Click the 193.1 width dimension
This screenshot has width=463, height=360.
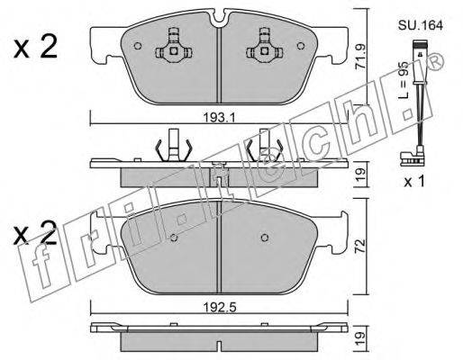point(219,117)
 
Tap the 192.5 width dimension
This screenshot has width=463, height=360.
point(220,308)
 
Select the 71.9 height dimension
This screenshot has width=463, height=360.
point(360,57)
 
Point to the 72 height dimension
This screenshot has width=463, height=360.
point(361,246)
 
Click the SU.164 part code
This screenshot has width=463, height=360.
point(421,25)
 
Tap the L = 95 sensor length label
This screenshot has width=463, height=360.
point(404,80)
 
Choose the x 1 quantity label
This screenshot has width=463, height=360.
point(414,181)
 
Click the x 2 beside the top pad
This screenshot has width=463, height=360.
point(35,48)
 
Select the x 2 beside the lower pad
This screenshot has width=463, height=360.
point(35,233)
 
